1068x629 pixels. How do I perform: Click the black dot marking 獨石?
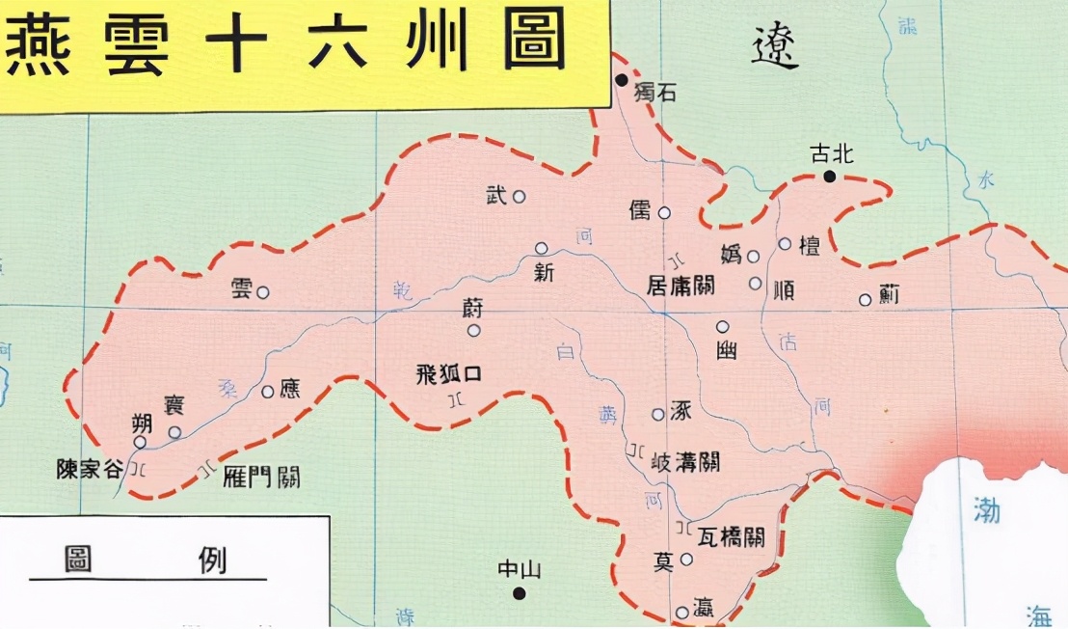click(x=623, y=79)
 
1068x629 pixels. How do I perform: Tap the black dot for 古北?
click(x=829, y=176)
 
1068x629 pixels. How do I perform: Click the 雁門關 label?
click(x=262, y=476)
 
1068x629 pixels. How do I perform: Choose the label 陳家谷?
click(x=90, y=470)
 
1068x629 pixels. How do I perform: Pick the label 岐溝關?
click(x=685, y=460)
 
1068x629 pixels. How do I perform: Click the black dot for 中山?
click(x=520, y=592)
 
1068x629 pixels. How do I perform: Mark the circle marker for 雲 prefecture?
click(x=262, y=292)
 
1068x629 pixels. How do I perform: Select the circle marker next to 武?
click(x=519, y=197)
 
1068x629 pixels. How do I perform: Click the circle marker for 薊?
click(x=865, y=300)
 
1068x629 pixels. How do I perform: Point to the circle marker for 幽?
click(x=722, y=327)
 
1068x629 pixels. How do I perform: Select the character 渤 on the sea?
click(x=986, y=511)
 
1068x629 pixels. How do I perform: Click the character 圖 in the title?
click(x=534, y=41)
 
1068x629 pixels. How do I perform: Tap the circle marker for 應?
click(x=268, y=392)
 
